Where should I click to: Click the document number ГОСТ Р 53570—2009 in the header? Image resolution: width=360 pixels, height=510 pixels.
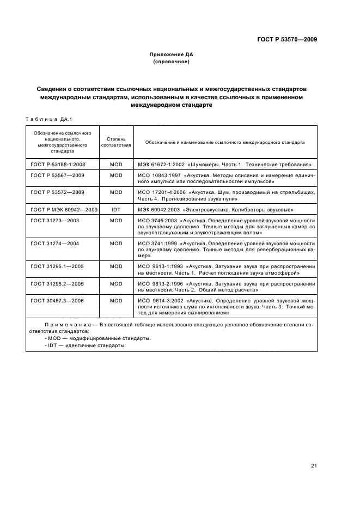pyautogui.click(x=286, y=39)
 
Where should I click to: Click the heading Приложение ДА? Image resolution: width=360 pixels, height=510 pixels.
pyautogui.click(x=171, y=54)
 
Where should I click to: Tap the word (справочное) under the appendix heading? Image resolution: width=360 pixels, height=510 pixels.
pyautogui.click(x=171, y=62)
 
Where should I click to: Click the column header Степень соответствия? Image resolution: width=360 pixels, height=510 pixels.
pyautogui.click(x=116, y=142)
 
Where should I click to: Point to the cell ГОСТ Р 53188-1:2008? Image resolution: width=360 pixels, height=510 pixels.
pyautogui.click(x=58, y=164)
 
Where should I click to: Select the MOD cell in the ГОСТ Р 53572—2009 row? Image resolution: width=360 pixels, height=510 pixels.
pyautogui.click(x=116, y=193)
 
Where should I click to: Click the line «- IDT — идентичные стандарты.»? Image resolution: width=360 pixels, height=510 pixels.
pyautogui.click(x=86, y=345)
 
